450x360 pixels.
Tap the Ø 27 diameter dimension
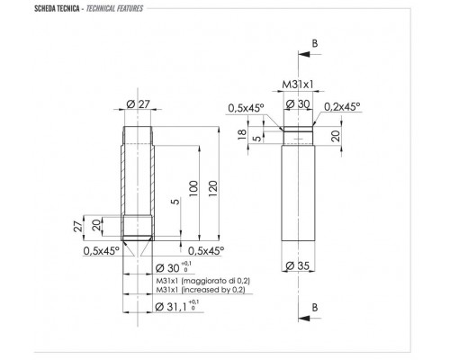[139, 103]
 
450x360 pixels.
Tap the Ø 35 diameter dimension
[297, 265]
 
